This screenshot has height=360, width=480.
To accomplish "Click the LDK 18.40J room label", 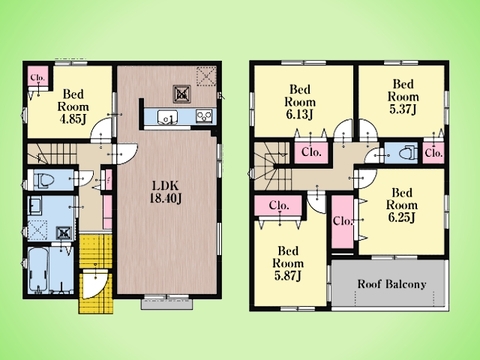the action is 166,192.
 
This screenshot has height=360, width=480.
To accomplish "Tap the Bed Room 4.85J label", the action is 73,107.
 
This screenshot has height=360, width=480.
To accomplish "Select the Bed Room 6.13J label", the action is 300,102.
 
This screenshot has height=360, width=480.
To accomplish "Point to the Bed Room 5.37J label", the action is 403,96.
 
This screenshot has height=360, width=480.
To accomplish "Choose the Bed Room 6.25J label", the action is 402,205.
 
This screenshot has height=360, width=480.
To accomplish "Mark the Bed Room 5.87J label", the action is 288,263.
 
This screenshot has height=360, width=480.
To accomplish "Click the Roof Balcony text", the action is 392,284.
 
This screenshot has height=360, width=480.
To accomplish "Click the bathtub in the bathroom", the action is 38,270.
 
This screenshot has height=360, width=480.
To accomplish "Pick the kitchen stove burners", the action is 204,116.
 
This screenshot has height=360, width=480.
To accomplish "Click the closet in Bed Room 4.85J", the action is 38,78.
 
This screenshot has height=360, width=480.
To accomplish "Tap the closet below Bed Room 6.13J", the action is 311,152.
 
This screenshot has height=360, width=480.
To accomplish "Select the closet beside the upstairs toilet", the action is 434,153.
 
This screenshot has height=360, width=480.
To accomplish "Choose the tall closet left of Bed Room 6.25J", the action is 343,221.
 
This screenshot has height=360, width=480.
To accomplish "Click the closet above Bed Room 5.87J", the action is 278,206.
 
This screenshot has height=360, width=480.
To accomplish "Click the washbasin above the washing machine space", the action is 35,206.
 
